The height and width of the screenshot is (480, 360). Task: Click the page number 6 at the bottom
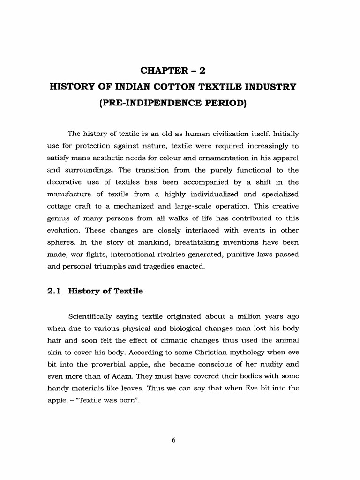coord(173,440)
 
